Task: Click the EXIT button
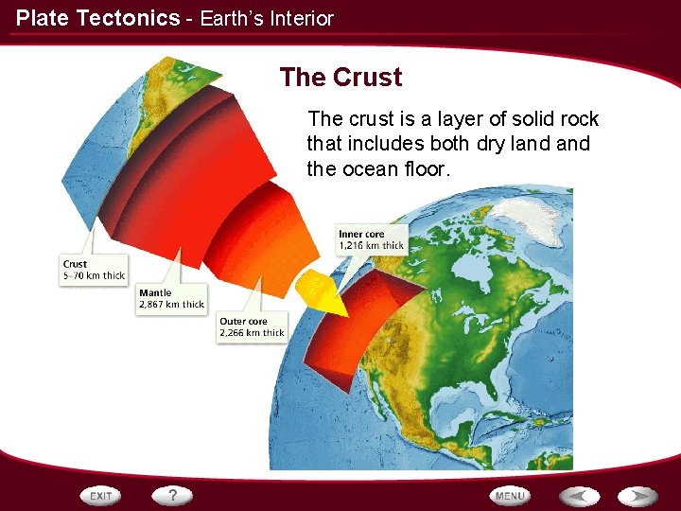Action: click(101, 495)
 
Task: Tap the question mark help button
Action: click(173, 495)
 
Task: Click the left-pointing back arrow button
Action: click(579, 495)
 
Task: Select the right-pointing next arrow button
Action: click(639, 495)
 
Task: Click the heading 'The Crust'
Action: click(340, 78)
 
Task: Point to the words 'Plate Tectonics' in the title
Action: click(97, 18)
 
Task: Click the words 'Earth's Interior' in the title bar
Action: click(267, 18)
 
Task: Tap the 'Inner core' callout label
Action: click(360, 234)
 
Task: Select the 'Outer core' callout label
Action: click(243, 322)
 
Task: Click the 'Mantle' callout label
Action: click(155, 293)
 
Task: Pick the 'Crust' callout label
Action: click(75, 264)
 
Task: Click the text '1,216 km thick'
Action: click(371, 246)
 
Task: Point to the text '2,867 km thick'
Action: click(171, 305)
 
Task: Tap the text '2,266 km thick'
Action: click(252, 333)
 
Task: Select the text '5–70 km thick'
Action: click(94, 276)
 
